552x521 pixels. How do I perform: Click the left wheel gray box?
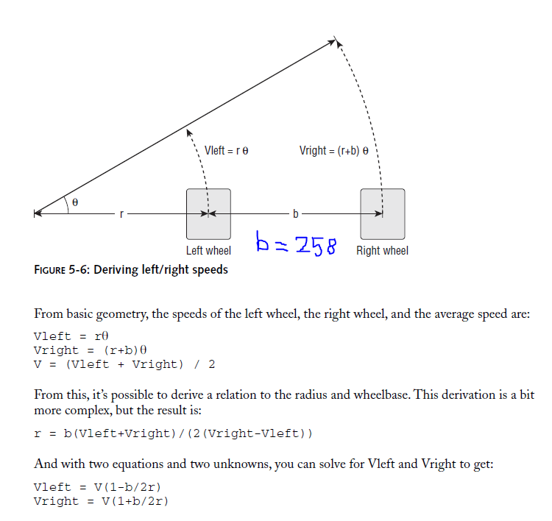(x=208, y=213)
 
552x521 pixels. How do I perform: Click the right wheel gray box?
(x=382, y=213)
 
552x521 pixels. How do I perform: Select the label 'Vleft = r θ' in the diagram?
(x=227, y=150)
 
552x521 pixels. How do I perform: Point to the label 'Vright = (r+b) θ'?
(x=334, y=150)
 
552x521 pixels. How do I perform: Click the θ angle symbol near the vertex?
(x=74, y=202)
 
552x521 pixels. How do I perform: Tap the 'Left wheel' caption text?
(x=208, y=251)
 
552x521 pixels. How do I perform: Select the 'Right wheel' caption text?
(x=382, y=251)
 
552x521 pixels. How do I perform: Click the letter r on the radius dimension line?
(x=121, y=214)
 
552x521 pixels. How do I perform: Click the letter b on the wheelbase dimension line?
(x=296, y=214)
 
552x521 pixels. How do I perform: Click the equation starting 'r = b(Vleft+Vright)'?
(x=173, y=433)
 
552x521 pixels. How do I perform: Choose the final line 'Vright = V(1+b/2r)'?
(x=101, y=501)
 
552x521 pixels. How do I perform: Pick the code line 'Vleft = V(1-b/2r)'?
(x=97, y=487)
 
